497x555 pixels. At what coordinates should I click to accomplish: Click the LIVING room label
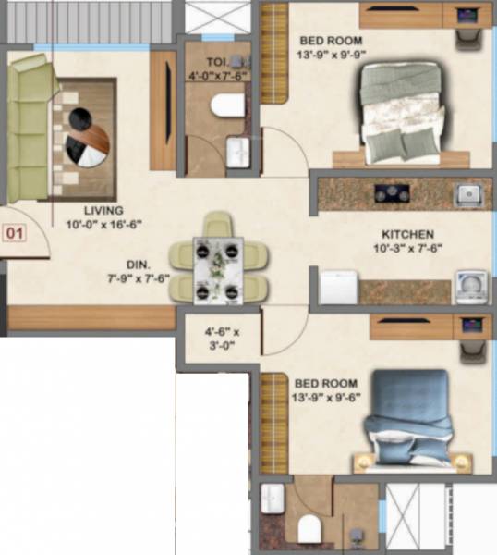[x=102, y=210]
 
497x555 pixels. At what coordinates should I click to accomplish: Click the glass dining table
[x=218, y=269]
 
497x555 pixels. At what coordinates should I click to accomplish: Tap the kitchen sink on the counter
[x=467, y=194]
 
